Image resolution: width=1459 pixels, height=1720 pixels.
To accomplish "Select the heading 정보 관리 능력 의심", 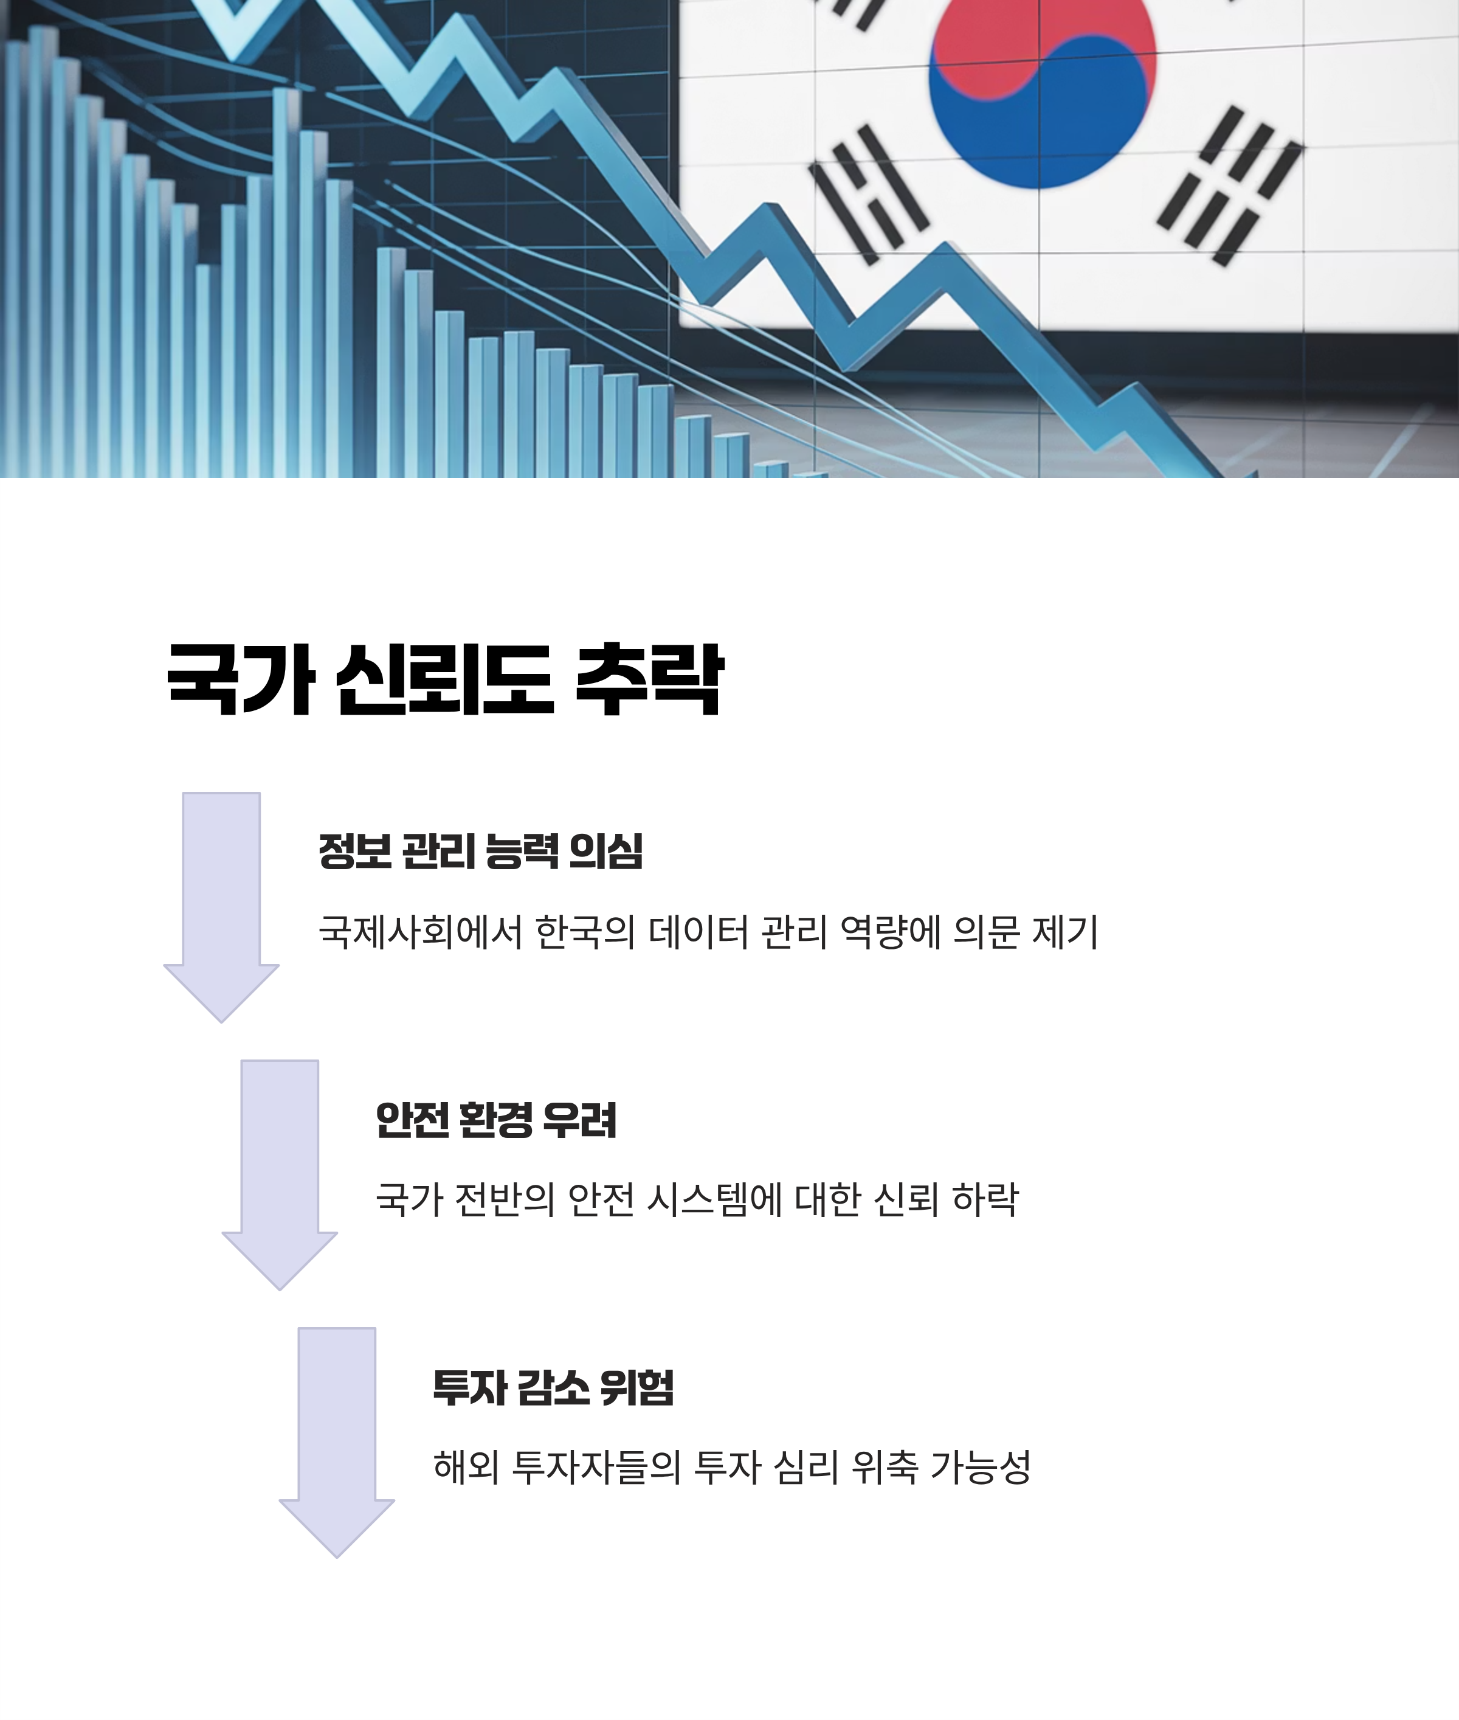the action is coord(480,851).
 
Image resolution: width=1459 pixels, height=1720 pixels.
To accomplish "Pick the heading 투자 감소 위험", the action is coord(553,1387).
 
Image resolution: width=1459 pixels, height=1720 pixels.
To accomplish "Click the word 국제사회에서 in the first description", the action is coord(420,932).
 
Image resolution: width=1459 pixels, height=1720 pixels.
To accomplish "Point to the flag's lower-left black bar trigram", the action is coord(869,195).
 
